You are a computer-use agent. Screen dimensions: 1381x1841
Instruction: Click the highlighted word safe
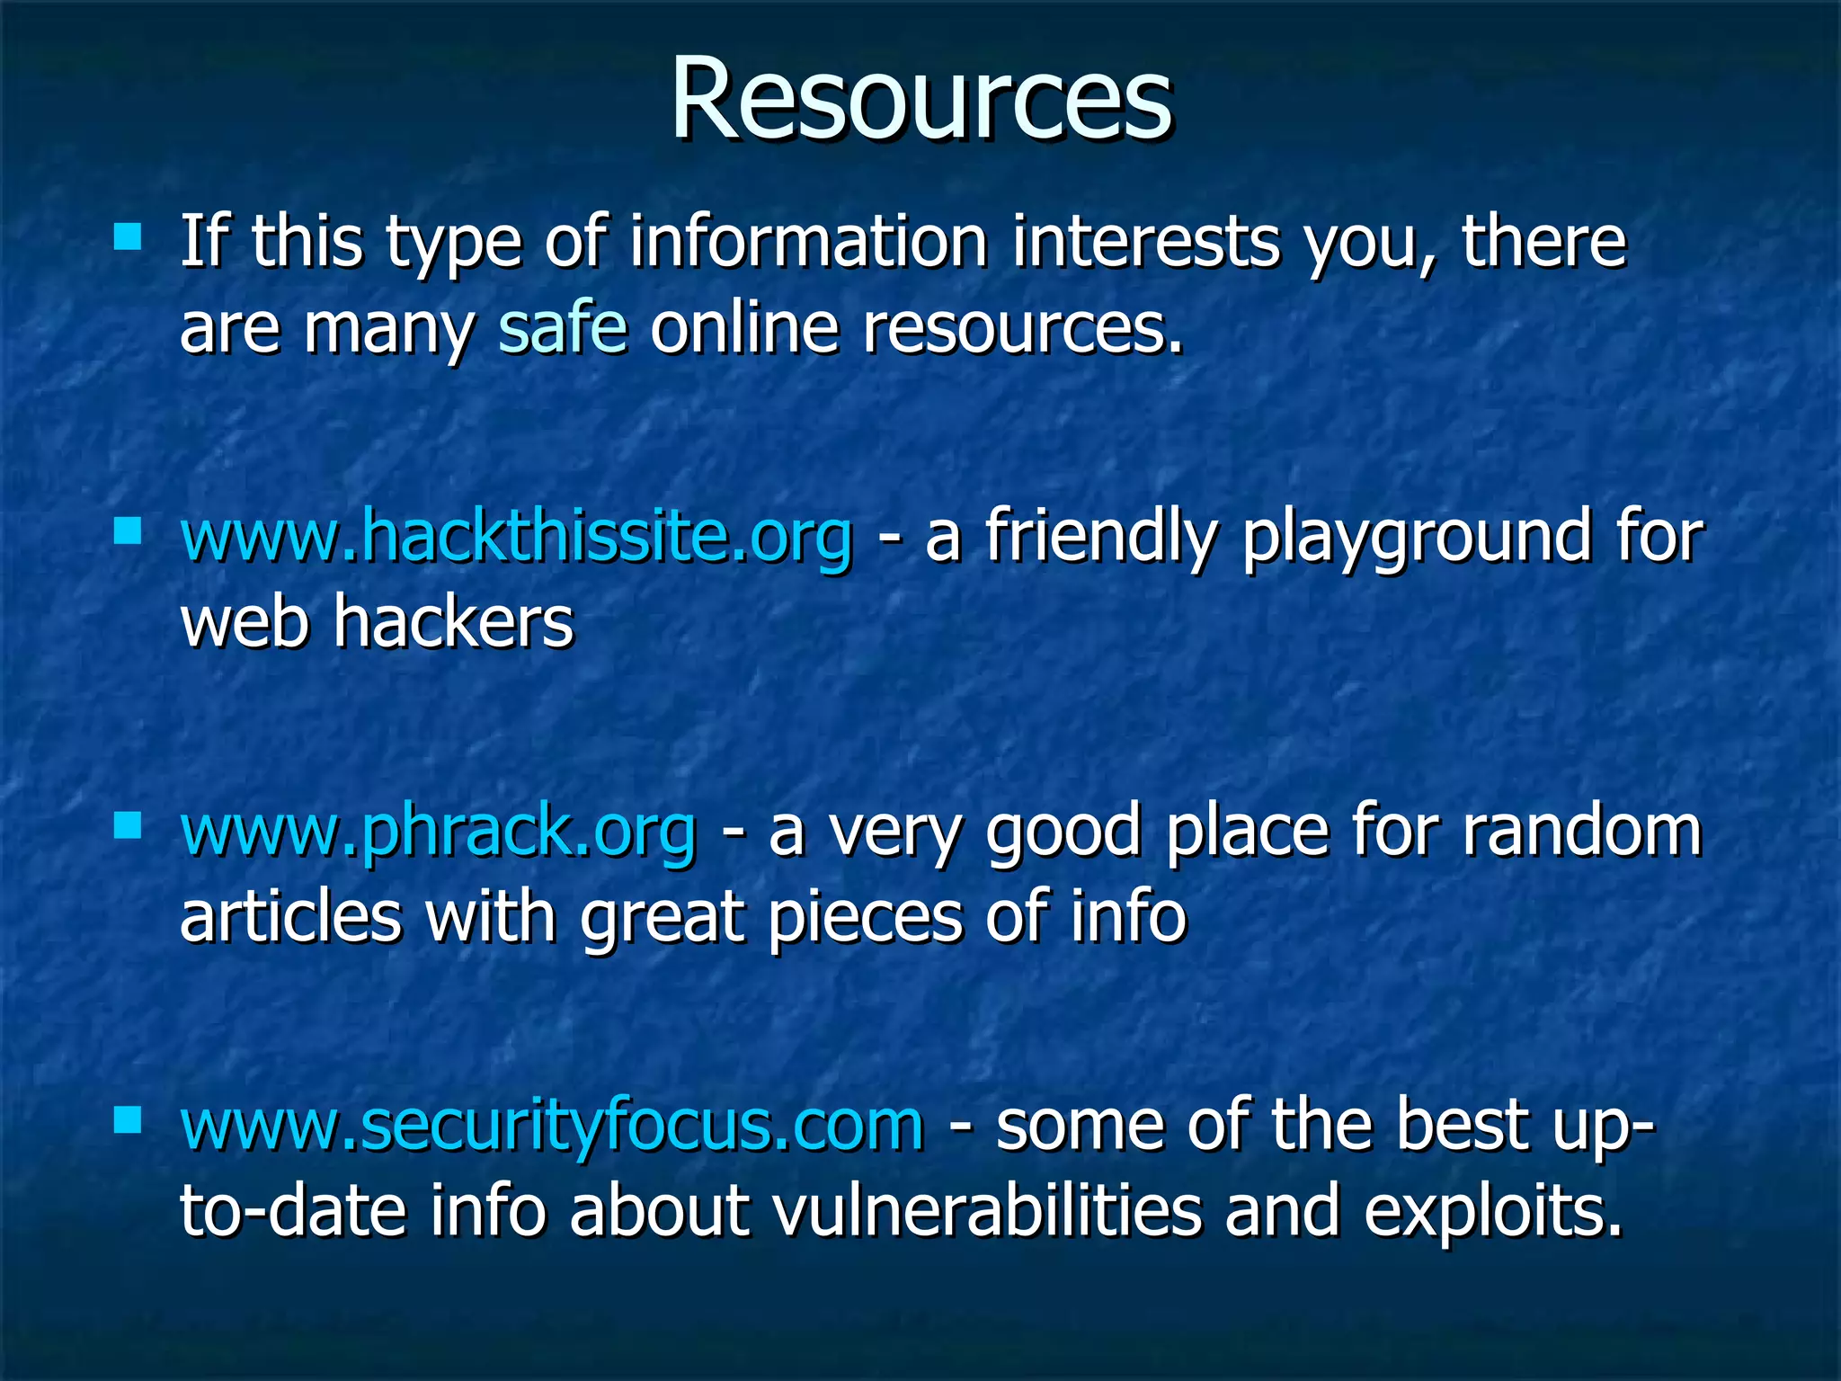[563, 328]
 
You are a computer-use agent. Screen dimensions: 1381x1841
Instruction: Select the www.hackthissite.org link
[516, 538]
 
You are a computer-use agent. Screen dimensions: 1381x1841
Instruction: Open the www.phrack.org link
[438, 832]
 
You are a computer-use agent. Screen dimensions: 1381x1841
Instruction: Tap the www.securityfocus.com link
[552, 1126]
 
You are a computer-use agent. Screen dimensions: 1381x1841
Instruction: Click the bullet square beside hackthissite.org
[128, 531]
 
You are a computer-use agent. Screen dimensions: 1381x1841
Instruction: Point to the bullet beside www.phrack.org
[128, 825]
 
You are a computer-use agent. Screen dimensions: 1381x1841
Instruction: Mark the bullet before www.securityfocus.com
[128, 1119]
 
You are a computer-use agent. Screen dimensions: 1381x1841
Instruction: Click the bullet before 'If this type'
[128, 237]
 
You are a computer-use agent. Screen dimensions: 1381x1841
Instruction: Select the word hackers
[453, 622]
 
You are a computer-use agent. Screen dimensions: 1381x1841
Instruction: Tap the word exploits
[1493, 1212]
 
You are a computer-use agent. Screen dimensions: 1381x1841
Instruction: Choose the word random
[1581, 832]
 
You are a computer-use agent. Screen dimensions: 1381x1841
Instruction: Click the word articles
[290, 917]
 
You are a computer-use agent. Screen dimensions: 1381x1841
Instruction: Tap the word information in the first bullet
[808, 243]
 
